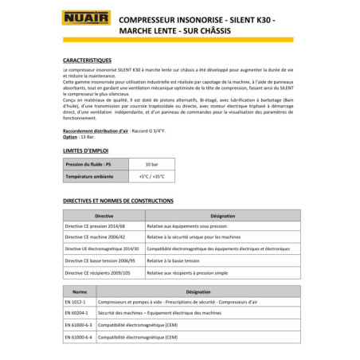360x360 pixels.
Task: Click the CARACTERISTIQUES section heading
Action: (x=92, y=60)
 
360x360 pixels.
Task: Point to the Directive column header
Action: (x=104, y=216)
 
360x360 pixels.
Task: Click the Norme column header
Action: (x=80, y=292)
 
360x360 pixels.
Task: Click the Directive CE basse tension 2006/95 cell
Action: (x=102, y=260)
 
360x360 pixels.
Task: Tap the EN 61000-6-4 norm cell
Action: (x=78, y=338)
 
